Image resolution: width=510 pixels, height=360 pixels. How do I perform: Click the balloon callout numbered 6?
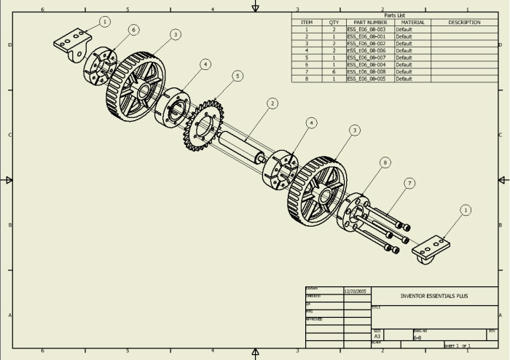tap(133, 30)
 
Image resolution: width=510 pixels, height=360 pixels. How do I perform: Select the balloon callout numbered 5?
tap(237, 76)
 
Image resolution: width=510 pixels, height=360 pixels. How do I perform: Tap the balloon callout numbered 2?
tap(272, 103)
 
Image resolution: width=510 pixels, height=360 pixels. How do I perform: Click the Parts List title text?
tap(394, 15)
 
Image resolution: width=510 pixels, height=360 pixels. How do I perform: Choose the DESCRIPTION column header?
tap(464, 23)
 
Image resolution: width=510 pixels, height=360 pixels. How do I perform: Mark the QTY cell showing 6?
tap(334, 71)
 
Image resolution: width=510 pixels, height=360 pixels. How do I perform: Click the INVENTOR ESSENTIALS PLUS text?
tap(434, 297)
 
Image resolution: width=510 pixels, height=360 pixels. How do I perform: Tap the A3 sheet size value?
tap(377, 337)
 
